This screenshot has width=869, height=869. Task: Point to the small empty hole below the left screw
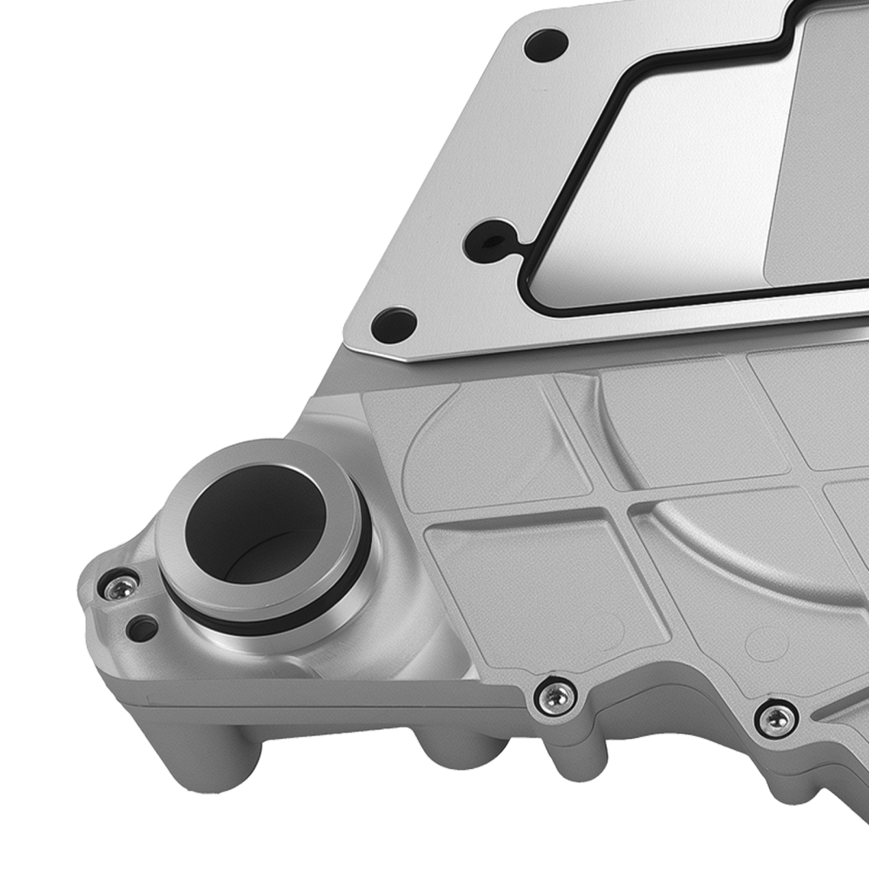[x=142, y=626]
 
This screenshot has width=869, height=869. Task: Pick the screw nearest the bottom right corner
[x=775, y=718]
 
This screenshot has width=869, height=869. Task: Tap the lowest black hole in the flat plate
[x=393, y=325]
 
